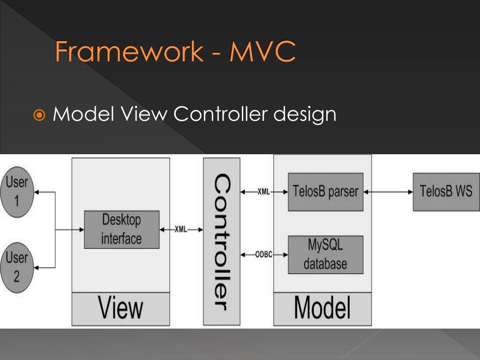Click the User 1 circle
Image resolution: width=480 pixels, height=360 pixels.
[16, 191]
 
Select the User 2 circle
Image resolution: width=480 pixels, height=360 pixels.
[16, 267]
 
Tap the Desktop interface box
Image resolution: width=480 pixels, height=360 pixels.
[121, 229]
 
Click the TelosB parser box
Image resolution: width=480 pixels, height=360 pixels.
[325, 192]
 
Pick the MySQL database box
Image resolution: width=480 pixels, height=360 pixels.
[325, 255]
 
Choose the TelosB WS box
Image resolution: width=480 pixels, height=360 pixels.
[446, 192]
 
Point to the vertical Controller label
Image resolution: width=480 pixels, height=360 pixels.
[221, 242]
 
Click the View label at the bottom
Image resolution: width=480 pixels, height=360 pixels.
[121, 308]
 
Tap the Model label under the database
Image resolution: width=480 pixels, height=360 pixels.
[322, 308]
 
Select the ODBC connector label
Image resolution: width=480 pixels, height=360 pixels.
[264, 255]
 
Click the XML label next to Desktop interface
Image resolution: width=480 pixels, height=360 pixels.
[180, 230]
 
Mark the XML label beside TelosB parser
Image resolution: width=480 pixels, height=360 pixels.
[263, 192]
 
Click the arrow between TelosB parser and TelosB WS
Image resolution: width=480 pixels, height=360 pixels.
[388, 192]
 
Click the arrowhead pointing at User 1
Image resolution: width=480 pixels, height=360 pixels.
[38, 192]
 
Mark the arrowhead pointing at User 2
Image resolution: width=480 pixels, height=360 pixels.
[38, 268]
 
